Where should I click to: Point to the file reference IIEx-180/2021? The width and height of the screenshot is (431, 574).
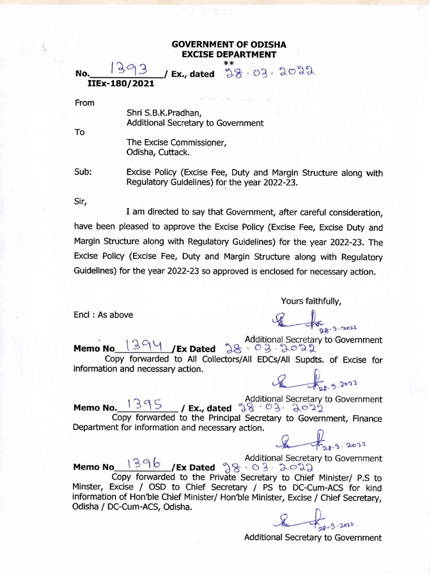click(121, 83)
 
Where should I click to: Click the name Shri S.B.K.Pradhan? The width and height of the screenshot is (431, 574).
click(160, 113)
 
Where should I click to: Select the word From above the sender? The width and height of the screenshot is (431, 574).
click(84, 103)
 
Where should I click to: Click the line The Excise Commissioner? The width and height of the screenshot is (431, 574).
click(176, 142)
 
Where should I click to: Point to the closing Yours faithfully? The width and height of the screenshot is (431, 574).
click(311, 301)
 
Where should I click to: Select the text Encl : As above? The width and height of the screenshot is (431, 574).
click(103, 315)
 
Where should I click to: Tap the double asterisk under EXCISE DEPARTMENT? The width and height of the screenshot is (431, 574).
click(228, 63)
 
